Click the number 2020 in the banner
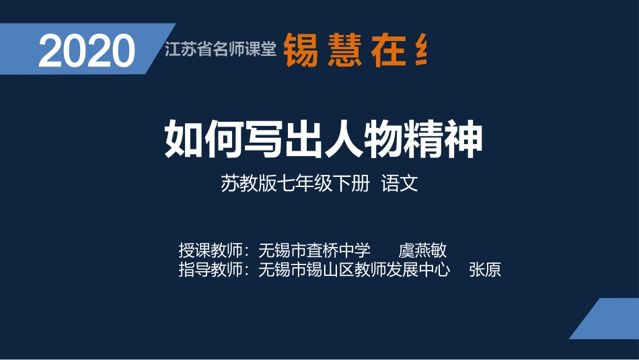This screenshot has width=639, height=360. click(87, 51)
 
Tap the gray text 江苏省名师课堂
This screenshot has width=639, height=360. click(221, 49)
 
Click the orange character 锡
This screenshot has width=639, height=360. click(300, 50)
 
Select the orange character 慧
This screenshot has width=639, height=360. click(345, 50)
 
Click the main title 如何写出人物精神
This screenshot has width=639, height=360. click(324, 139)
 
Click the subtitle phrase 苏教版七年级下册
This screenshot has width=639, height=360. click(295, 184)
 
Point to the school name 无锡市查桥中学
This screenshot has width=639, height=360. click(314, 251)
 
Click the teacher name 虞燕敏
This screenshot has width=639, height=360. click(422, 251)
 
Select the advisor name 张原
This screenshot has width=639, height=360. click(485, 271)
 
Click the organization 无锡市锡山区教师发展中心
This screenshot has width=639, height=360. click(354, 271)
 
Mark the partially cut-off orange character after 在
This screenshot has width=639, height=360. click(421, 50)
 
